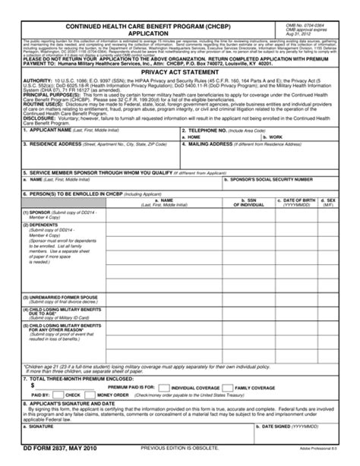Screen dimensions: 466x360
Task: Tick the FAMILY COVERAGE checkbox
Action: point(233,387)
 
